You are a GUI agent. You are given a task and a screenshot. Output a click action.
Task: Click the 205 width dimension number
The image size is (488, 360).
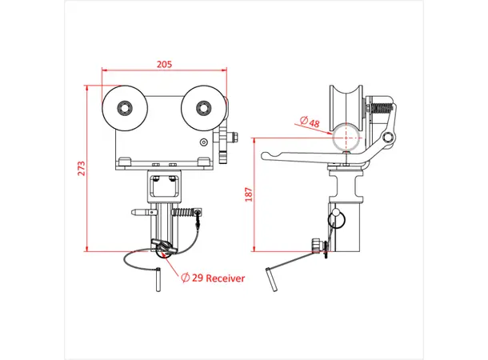[164, 65]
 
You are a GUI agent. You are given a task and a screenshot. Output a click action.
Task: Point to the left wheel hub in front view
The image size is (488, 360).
[123, 106]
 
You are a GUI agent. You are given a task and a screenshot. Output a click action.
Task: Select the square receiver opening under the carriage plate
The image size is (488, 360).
[166, 189]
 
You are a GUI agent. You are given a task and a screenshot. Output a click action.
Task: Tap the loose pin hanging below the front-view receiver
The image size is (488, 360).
[159, 277]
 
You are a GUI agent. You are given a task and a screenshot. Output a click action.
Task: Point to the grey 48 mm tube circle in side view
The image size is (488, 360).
[346, 135]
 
